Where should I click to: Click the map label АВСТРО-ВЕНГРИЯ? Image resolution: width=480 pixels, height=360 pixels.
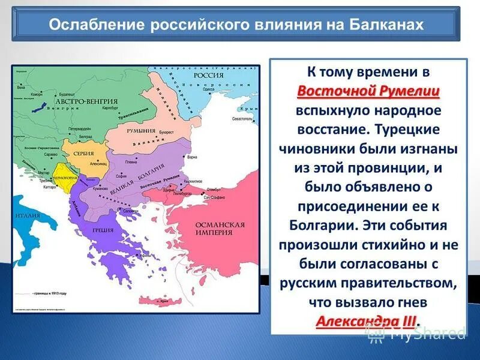coord(73,101)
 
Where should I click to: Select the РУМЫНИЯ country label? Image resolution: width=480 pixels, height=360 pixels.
coord(142,131)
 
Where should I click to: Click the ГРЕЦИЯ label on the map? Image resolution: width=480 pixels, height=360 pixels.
coord(103,229)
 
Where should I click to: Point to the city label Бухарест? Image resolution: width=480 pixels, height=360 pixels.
coord(166,131)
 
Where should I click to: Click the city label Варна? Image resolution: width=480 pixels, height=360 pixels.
coord(191,157)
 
